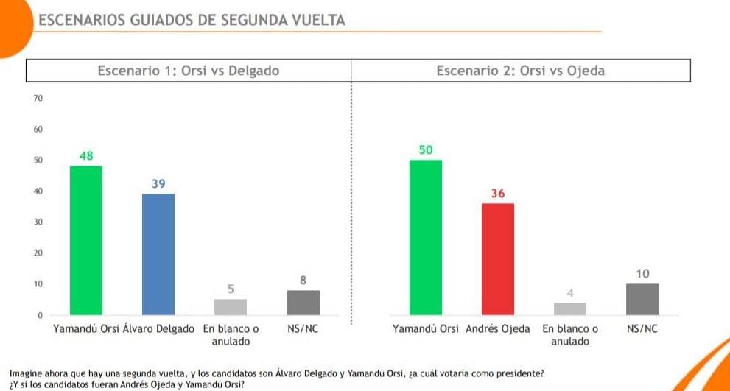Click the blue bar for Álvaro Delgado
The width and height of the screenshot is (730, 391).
pos(158,254)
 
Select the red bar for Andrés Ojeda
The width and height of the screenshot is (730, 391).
pos(498,258)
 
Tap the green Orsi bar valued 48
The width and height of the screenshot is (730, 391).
pos(86,240)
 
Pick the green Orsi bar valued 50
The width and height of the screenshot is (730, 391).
pos(426,237)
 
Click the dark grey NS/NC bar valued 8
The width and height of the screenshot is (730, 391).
pos(303,303)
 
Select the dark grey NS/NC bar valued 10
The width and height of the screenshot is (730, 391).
pos(642,299)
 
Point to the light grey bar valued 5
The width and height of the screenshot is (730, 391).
pos(231,307)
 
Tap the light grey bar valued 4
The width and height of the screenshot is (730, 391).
pos(570,309)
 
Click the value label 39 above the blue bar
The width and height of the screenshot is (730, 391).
pos(158,183)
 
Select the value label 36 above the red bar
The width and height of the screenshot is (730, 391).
pos(498,193)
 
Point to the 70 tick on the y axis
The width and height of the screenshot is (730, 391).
pos(39,99)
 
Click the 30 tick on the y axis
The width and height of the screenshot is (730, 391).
pos(39,222)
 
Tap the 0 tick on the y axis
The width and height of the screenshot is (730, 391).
pos(41,315)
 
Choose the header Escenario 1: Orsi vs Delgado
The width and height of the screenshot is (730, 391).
pos(189,71)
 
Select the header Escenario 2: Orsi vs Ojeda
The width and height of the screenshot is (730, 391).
pos(520,71)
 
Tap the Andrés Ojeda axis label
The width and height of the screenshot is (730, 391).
pos(498,329)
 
